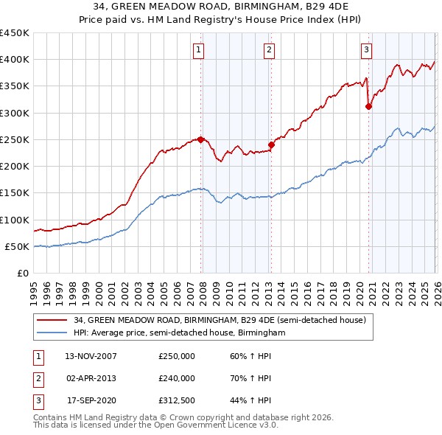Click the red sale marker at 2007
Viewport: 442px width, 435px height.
pos(200,139)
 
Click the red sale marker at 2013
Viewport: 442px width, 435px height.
pos(270,145)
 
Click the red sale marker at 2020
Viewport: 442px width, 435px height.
pos(368,106)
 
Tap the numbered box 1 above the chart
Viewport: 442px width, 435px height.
pos(200,50)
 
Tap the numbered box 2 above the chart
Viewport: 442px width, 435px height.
pos(270,50)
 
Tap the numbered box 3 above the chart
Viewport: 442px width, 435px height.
pos(366,50)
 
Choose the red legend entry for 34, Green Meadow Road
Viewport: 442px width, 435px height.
pos(214,321)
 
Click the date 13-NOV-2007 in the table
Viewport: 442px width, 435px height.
pos(91,356)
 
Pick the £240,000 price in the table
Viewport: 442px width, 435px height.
pos(177,378)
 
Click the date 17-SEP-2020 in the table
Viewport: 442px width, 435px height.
pos(91,401)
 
